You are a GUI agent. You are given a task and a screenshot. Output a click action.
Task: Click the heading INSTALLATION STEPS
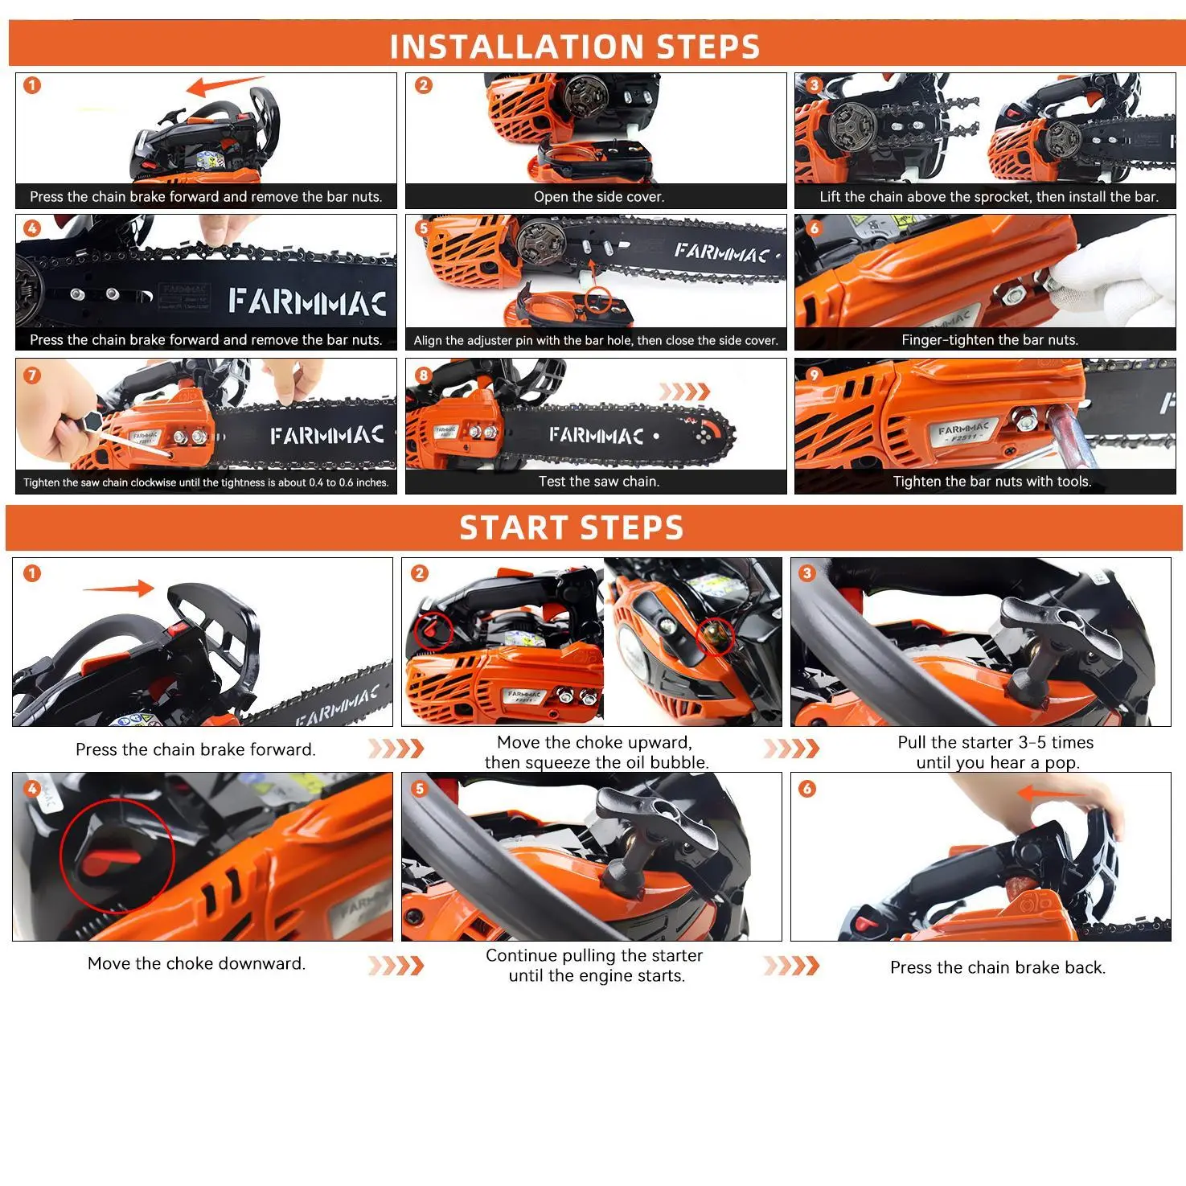tap(575, 47)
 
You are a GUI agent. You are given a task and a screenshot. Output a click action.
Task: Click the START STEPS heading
tap(572, 527)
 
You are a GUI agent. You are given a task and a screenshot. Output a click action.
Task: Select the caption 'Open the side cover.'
tap(599, 197)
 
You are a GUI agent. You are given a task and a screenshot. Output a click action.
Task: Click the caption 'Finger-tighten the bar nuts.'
tap(990, 340)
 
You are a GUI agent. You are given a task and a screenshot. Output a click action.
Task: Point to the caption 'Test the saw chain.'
tap(599, 482)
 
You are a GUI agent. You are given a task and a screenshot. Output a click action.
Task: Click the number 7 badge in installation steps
tap(32, 375)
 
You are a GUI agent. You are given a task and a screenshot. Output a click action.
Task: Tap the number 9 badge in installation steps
tap(815, 375)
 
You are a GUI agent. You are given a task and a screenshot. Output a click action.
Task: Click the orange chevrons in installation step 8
tap(684, 392)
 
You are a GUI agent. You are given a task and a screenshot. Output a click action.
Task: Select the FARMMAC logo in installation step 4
tap(308, 302)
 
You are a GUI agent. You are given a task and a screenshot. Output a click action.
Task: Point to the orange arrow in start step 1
tap(118, 589)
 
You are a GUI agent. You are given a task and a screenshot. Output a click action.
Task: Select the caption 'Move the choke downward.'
tap(196, 963)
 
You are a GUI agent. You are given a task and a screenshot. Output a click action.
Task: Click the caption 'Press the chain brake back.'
tap(998, 967)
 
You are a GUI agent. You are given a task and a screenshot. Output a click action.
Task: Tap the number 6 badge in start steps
tap(807, 789)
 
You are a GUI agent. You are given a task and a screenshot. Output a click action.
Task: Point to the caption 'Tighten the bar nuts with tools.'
tap(992, 482)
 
